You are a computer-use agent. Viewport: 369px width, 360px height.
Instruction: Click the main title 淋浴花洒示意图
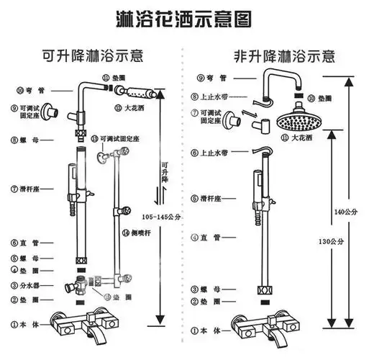(x=183, y=17)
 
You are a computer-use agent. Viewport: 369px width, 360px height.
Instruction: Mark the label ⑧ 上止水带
(x=209, y=96)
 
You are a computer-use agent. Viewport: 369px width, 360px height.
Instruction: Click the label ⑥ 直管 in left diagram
(x=24, y=243)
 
